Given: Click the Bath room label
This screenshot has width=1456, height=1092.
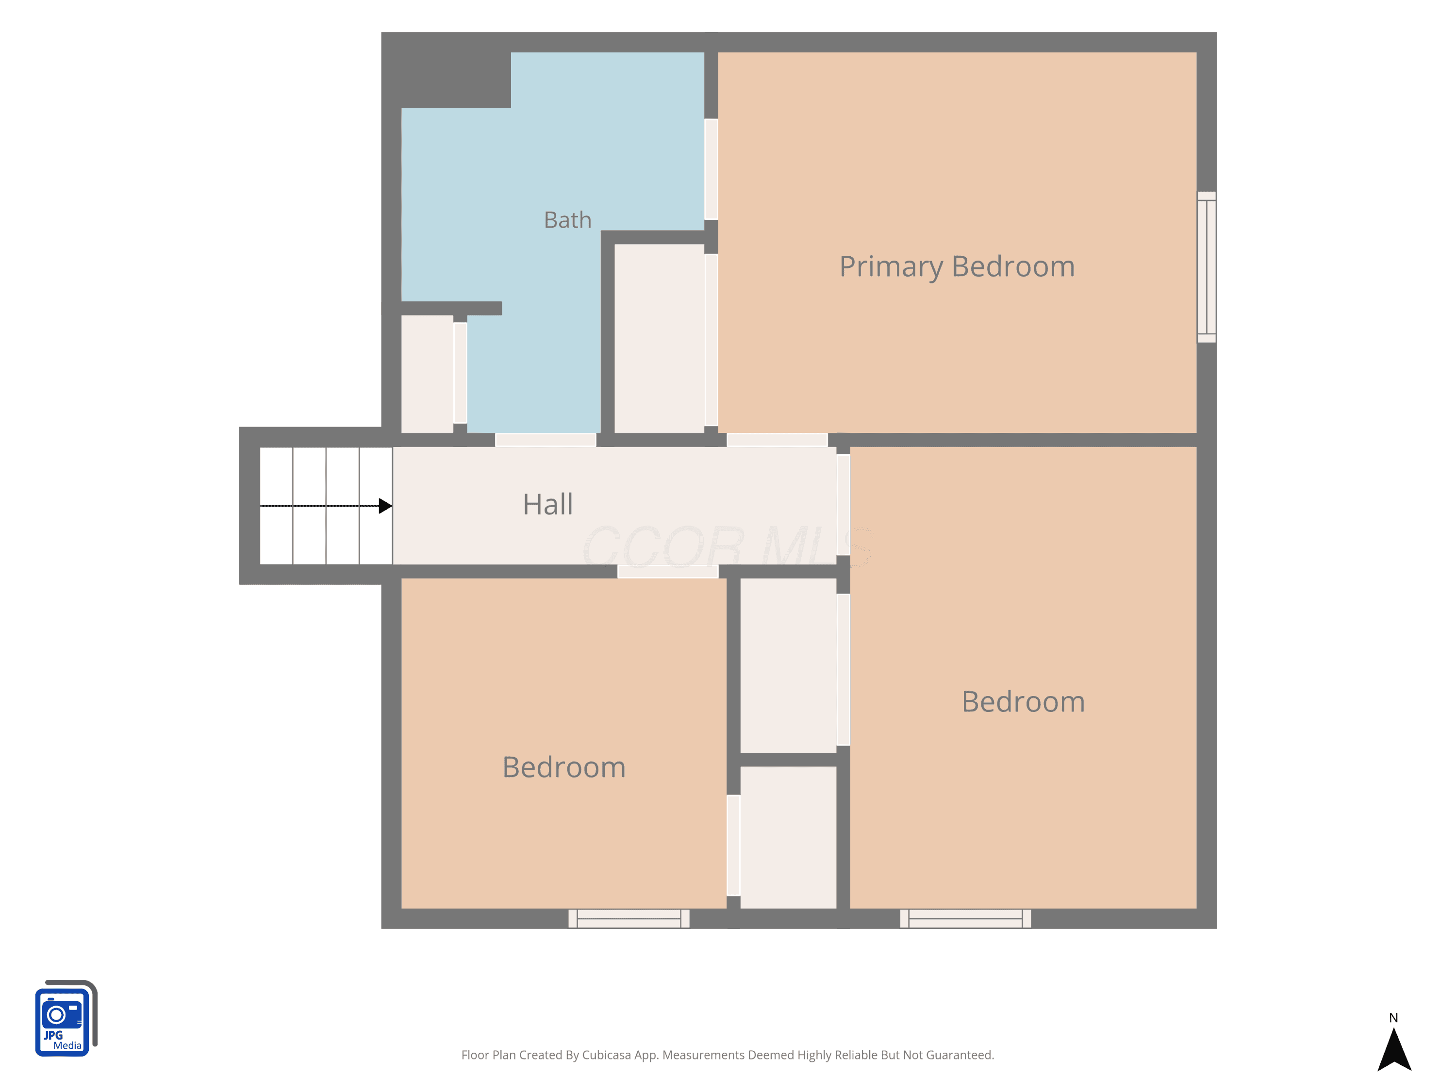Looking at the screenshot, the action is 567,220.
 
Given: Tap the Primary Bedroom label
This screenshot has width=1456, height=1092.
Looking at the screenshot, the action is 957,266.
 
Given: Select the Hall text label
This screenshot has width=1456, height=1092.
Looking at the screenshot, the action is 547,504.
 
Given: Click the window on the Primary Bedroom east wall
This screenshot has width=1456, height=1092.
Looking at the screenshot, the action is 1206,266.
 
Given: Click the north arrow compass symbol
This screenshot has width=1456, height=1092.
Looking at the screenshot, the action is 1394,1049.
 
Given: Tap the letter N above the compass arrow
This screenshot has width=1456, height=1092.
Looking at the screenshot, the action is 1393,1018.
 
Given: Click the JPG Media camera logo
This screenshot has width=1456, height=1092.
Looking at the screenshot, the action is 66,1018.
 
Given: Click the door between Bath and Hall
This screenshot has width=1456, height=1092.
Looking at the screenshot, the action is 546,440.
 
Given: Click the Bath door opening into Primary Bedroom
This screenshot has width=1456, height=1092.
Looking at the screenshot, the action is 711,169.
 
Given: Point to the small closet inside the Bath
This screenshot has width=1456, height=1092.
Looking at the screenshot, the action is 427,374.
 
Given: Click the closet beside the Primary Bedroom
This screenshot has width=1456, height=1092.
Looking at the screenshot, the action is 659,338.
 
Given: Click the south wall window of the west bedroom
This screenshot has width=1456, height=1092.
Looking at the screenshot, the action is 629,918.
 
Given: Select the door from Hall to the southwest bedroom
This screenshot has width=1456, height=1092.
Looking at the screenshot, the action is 667,571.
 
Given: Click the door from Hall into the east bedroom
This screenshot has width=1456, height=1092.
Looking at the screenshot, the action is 843,505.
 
